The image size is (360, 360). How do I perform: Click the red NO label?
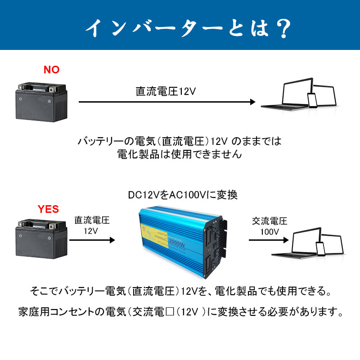click(x=51, y=70)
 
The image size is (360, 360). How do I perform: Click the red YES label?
click(x=48, y=209)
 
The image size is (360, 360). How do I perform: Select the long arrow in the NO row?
click(x=167, y=102)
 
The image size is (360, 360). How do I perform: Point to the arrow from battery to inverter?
click(x=92, y=240)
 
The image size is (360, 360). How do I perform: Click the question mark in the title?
click(x=282, y=28)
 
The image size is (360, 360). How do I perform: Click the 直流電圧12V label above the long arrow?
click(x=166, y=91)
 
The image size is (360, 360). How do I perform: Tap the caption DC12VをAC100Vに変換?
click(x=183, y=195)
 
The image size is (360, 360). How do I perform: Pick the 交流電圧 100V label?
click(x=270, y=226)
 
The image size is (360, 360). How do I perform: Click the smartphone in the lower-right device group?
click(x=320, y=248)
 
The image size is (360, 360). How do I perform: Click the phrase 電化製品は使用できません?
click(x=180, y=154)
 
